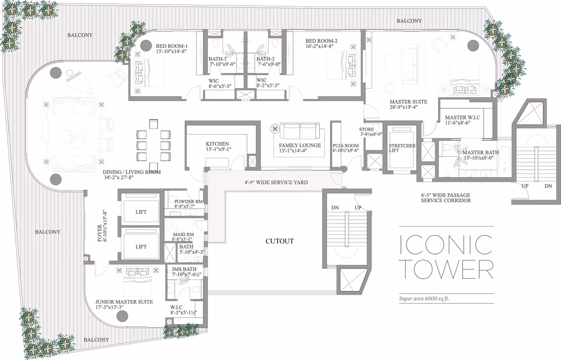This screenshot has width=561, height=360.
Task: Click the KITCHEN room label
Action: point(217,144)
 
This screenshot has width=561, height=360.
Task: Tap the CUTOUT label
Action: point(280,241)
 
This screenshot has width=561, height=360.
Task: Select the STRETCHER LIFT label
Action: point(402,148)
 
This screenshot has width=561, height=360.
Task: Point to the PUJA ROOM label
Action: point(346,146)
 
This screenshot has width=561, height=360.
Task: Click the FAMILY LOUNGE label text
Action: point(300,145)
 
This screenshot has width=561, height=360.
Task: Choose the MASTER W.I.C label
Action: point(462,118)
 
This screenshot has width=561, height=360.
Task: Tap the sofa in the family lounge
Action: point(300,132)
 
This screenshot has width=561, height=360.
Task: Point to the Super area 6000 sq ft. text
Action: point(424,299)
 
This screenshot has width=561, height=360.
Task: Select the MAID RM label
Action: point(183,235)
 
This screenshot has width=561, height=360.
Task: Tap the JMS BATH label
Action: point(184,269)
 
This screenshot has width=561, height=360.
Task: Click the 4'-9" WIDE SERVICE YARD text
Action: point(276,182)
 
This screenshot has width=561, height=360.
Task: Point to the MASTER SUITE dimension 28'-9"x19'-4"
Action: point(403,107)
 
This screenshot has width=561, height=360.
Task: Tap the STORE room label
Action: point(367,130)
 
